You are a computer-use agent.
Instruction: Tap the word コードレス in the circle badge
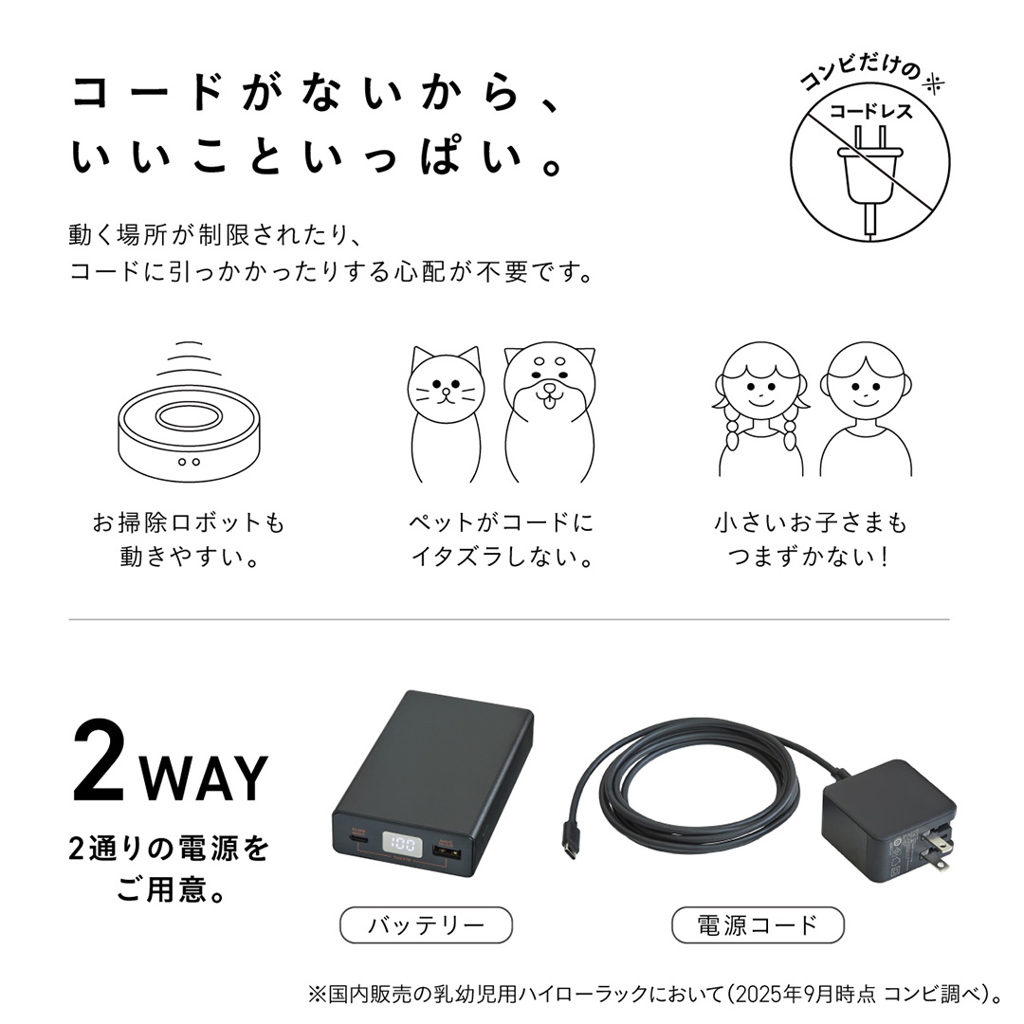pos(870,112)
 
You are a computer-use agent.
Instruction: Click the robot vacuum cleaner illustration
pos(190,427)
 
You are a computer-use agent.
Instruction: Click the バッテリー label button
pos(426,924)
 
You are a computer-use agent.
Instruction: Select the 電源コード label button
pos(757,924)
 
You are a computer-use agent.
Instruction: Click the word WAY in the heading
pos(204,777)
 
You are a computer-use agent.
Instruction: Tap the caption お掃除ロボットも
pos(189,523)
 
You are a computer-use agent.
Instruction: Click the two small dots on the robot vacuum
pos(190,462)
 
